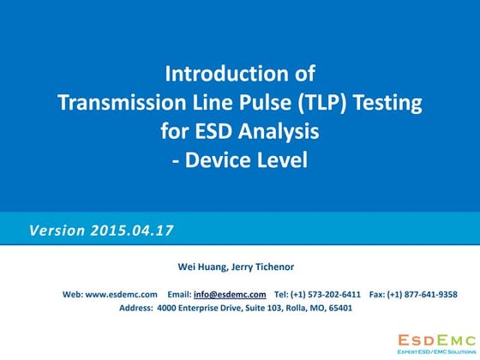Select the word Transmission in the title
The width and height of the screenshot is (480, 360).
coord(117,104)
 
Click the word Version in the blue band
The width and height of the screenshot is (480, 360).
coord(57,231)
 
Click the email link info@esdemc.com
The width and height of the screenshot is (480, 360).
coord(230,294)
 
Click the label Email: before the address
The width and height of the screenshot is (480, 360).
coord(178,294)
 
